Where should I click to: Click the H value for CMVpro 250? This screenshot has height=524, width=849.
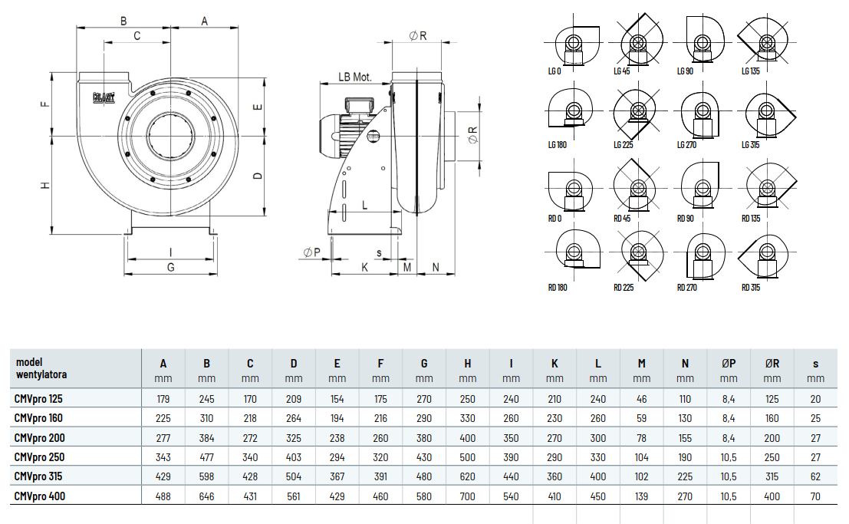468,457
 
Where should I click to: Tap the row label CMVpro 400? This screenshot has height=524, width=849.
40,496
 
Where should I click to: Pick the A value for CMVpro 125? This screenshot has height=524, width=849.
163,399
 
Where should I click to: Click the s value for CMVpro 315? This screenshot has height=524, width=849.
814,476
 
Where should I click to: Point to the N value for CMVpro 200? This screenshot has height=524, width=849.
685,438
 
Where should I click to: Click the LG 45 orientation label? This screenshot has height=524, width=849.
621,71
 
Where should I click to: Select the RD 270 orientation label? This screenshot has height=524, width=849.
686,288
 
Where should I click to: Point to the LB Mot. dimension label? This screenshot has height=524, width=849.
354,77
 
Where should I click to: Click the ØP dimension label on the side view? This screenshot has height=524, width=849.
311,252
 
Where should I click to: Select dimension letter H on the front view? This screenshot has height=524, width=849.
46,186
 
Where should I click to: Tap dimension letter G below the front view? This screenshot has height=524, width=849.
171,267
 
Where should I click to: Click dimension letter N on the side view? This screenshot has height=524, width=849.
436,267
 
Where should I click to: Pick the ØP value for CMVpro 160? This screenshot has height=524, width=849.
728,418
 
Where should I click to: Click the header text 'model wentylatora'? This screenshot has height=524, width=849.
41,368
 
